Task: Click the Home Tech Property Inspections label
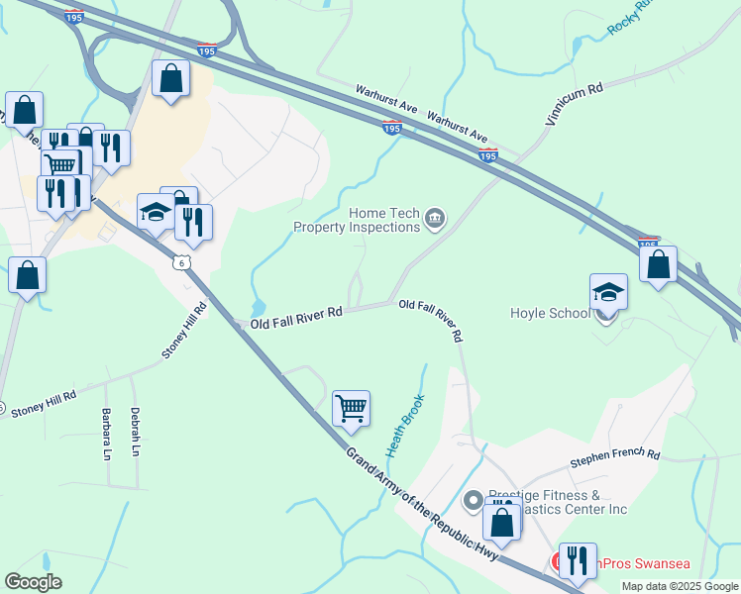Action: click(357, 220)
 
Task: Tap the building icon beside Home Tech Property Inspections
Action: click(434, 219)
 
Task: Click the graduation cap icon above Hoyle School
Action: click(608, 293)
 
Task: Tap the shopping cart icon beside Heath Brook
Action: click(351, 407)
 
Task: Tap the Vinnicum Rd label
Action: click(573, 104)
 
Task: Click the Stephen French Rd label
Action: click(614, 457)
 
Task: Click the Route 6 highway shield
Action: click(179, 262)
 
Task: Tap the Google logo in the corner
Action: click(33, 582)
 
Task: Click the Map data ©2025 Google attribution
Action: click(679, 586)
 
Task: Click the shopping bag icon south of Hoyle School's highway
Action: click(658, 265)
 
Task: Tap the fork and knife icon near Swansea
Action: click(577, 560)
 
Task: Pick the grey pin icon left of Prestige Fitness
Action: click(474, 500)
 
